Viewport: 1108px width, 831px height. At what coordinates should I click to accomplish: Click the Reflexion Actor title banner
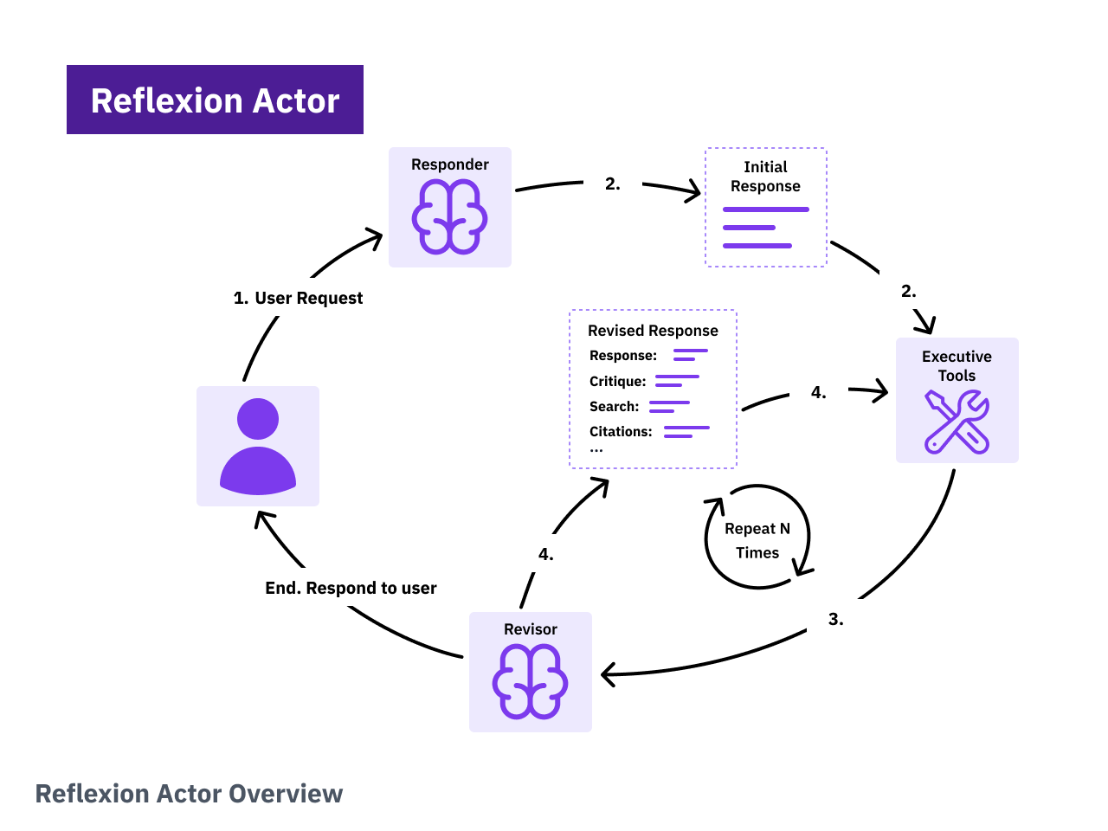click(x=215, y=100)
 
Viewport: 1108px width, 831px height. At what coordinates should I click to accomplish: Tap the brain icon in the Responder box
click(x=449, y=217)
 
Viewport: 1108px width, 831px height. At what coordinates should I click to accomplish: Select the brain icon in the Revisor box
click(x=530, y=682)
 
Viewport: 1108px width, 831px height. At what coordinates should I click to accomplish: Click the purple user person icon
click(x=258, y=447)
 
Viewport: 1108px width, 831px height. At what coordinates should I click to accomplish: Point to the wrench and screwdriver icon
click(x=957, y=422)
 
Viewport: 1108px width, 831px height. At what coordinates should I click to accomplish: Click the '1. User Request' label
click(x=299, y=299)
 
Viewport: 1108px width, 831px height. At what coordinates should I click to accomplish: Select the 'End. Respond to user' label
click(x=351, y=589)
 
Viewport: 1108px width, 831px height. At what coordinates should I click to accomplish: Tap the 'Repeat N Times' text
click(x=757, y=541)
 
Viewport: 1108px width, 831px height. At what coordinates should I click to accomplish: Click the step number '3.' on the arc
click(x=835, y=620)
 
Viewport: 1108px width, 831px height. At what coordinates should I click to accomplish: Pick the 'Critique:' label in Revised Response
click(x=618, y=382)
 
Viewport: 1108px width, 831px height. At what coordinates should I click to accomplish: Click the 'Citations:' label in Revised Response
click(x=621, y=432)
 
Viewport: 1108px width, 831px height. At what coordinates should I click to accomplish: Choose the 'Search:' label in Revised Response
click(x=614, y=407)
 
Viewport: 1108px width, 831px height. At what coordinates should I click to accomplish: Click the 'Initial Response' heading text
click(x=765, y=177)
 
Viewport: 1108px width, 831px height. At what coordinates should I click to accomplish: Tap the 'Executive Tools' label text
click(x=957, y=366)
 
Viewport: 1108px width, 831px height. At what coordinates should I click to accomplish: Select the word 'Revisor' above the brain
click(x=530, y=629)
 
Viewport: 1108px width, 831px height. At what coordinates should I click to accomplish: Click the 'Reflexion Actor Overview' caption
click(x=189, y=794)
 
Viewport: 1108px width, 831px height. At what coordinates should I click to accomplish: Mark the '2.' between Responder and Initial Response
click(x=612, y=184)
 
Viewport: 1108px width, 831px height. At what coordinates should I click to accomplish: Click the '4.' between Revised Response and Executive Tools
click(x=818, y=393)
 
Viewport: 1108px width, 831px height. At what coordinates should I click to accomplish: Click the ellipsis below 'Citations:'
click(x=596, y=450)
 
